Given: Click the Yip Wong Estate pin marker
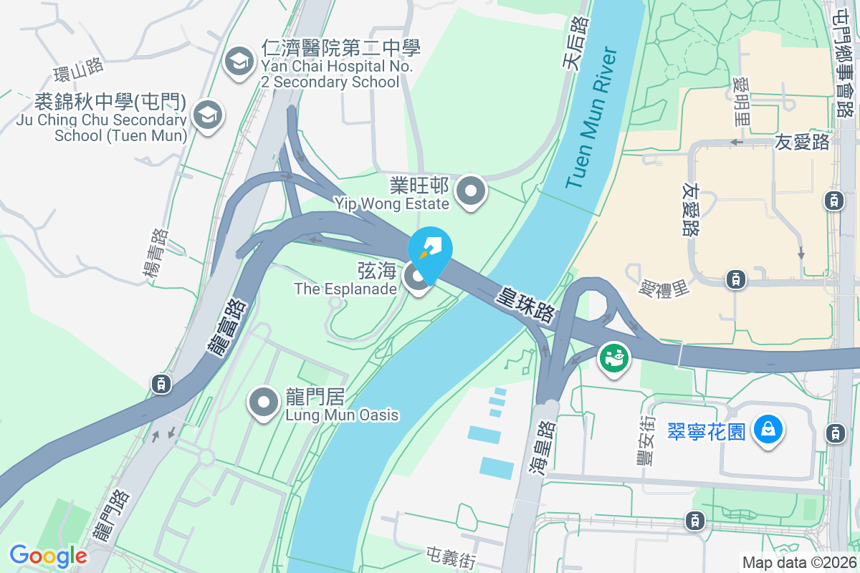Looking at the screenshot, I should pyautogui.click(x=471, y=192).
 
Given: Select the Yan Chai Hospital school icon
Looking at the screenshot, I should pyautogui.click(x=238, y=62).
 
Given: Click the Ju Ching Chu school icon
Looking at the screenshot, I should pyautogui.click(x=207, y=114).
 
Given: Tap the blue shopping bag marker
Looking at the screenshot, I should pyautogui.click(x=768, y=430).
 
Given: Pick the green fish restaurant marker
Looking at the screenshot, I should pyautogui.click(x=614, y=357).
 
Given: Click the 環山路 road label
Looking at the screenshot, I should pyautogui.click(x=79, y=70).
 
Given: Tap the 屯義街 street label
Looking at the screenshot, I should pyautogui.click(x=451, y=557).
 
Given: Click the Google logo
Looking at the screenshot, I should pyautogui.click(x=48, y=555).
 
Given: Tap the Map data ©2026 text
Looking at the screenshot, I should pyautogui.click(x=798, y=562).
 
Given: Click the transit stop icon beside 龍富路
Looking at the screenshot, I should pyautogui.click(x=161, y=384).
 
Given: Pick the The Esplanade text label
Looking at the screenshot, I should pyautogui.click(x=345, y=289).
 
